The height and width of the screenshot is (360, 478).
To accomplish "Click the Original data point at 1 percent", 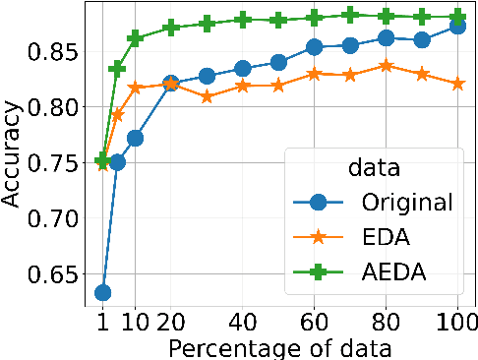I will coord(102,292).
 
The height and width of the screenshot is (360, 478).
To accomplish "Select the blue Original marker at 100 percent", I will coord(457,27).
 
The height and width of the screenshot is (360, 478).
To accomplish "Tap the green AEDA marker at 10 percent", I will coord(136,38).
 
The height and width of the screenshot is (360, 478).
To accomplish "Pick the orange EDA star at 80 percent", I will coord(387,66).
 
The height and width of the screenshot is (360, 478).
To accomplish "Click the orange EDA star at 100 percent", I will coord(457,84).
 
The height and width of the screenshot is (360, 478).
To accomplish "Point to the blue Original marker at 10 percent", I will coord(136,138).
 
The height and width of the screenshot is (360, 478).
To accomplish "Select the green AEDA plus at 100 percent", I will coord(457,17).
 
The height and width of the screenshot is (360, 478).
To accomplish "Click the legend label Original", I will coord(405,203).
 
